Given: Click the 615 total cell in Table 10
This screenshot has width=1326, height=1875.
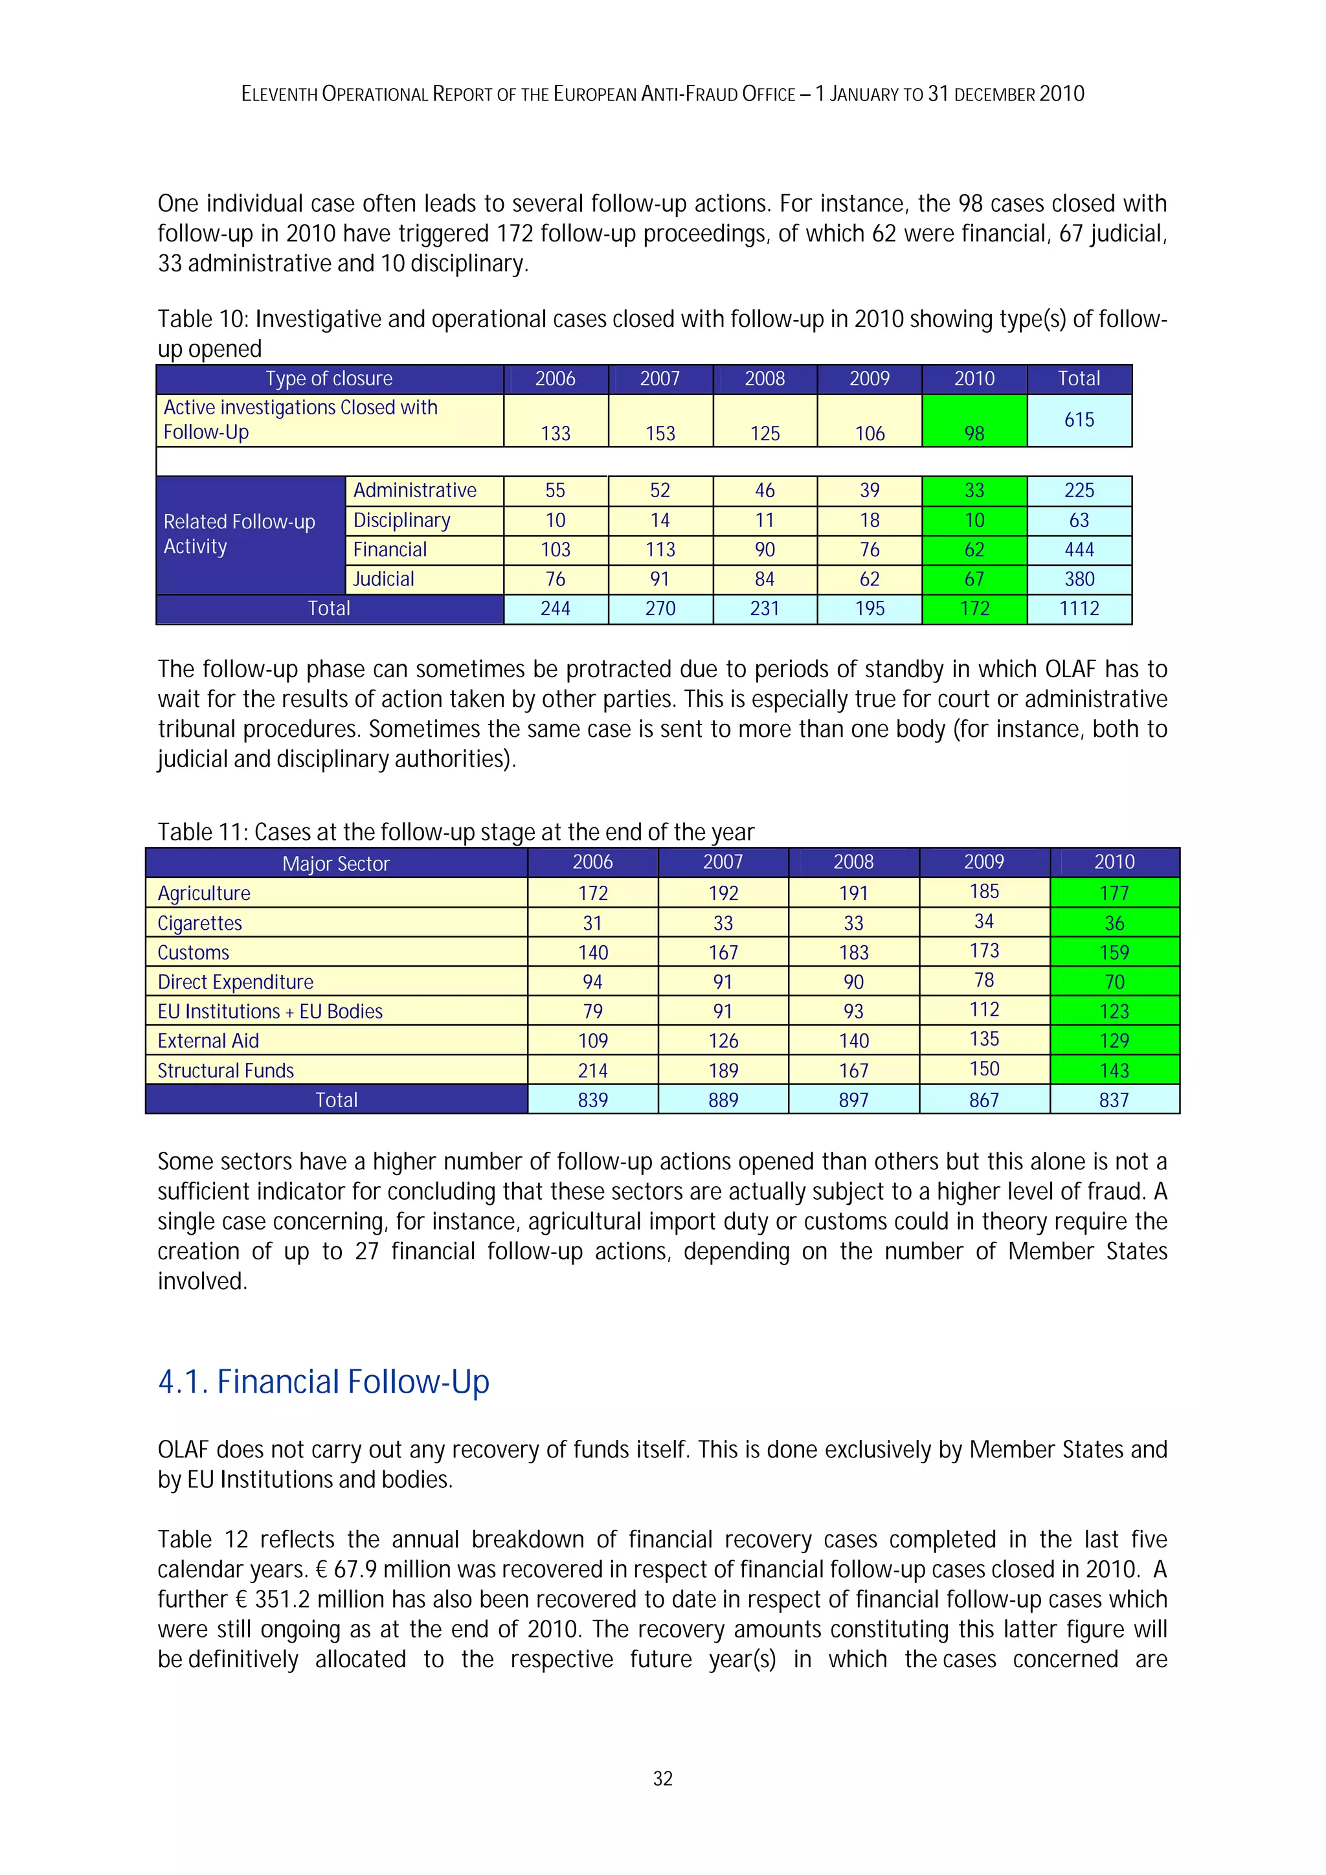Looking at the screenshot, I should [x=1079, y=420].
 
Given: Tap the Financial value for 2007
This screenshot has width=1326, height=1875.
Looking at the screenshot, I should [x=660, y=550].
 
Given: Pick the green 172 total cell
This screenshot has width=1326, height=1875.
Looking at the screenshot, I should [x=974, y=609].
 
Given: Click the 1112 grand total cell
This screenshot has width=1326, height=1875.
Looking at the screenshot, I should [x=1079, y=609].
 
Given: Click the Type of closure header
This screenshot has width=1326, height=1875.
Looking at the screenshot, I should [x=329, y=379].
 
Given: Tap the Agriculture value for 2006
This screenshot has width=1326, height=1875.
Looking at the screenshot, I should [x=593, y=893].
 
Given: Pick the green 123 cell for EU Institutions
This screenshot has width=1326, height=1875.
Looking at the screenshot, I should [x=1114, y=1011].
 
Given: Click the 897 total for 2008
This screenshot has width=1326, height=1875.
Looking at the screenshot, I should [x=853, y=1100].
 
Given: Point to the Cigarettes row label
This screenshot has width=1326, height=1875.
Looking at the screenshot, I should [x=200, y=923].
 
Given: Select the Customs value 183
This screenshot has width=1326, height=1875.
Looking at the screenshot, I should [x=853, y=952].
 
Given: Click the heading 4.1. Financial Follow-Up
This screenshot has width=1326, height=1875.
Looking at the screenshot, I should [x=323, y=1382].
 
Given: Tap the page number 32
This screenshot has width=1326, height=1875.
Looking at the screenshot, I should [x=662, y=1779].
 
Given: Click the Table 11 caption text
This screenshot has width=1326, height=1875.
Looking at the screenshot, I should [x=456, y=832].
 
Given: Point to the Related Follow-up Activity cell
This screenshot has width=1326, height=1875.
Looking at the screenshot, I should [x=239, y=534].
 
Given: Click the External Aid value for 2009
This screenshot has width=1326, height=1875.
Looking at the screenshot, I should [x=984, y=1040].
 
